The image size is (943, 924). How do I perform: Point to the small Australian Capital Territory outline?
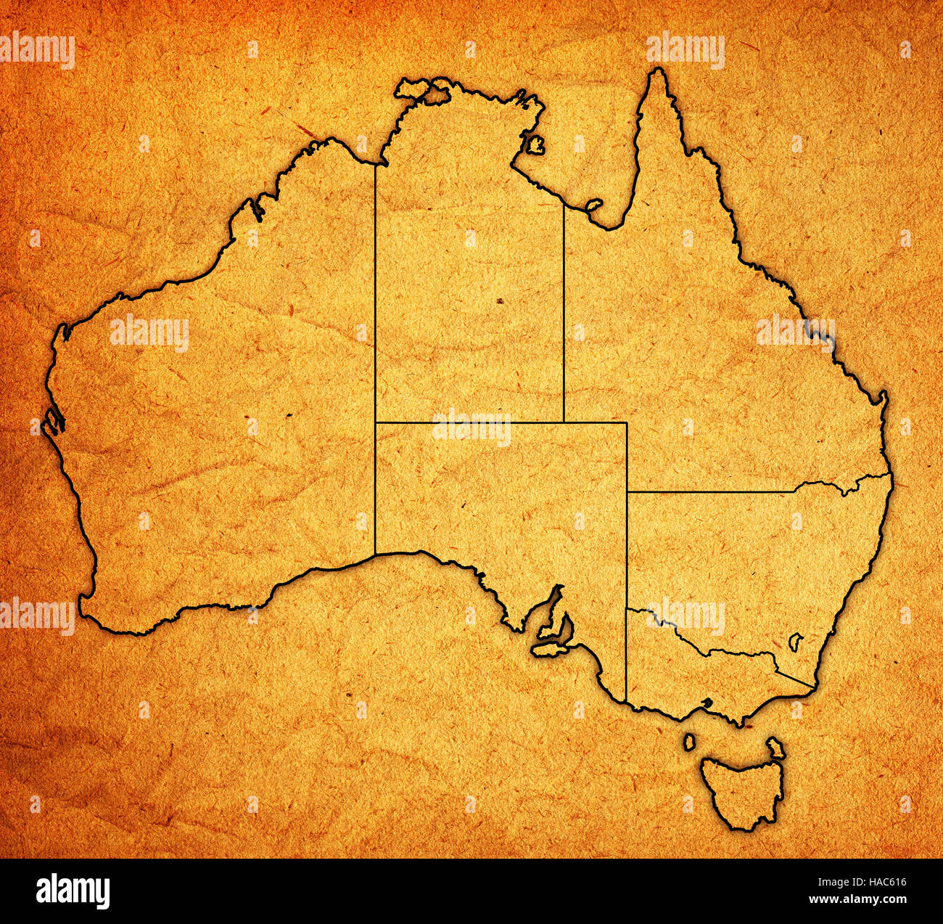[795, 640]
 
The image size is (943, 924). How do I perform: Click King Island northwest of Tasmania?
[688, 742]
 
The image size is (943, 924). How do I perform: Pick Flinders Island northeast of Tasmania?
[776, 747]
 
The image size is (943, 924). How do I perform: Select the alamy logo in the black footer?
[73, 891]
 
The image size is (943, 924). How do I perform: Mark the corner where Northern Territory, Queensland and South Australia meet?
[564, 422]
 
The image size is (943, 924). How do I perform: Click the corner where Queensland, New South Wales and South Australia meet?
[627, 492]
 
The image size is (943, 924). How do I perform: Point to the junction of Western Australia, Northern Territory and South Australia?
[375, 422]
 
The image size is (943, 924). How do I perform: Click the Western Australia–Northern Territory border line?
[375, 290]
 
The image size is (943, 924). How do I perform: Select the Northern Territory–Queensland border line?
[564, 312]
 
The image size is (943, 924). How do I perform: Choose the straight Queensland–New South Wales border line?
[711, 492]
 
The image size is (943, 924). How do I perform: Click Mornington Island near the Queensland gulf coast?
[594, 205]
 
